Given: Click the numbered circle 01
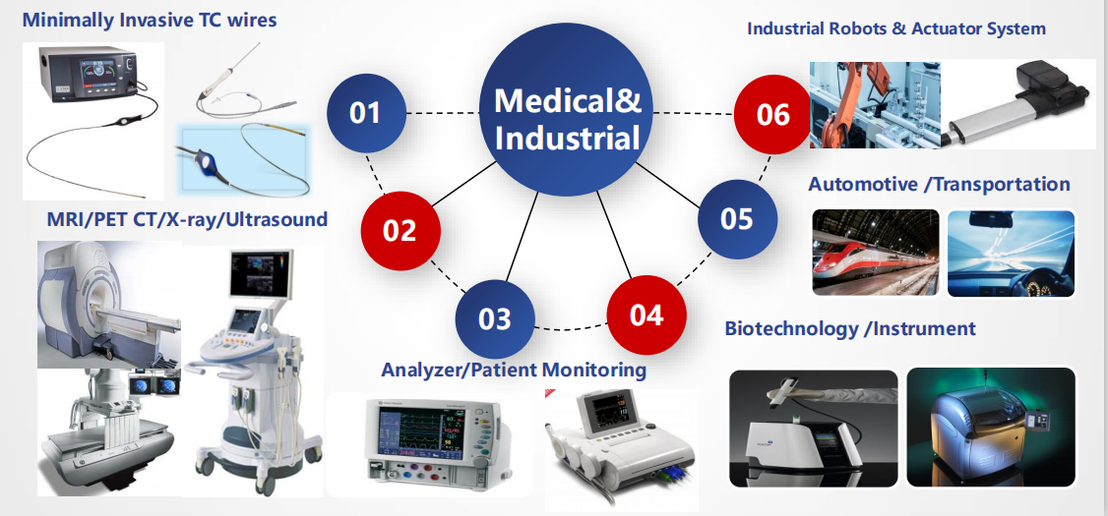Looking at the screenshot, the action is (366, 113).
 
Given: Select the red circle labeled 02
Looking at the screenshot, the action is (400, 230).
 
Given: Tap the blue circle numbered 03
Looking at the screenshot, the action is (495, 319).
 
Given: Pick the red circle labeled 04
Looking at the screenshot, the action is (646, 315).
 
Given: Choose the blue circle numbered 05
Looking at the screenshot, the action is (737, 219).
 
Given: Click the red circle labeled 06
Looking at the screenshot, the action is (773, 114).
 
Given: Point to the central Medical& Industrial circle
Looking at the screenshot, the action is (566, 109).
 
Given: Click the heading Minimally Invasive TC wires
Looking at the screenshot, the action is (150, 19).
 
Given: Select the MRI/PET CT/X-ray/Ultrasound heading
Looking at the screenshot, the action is (187, 219).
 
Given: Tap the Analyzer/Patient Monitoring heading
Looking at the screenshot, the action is (514, 370).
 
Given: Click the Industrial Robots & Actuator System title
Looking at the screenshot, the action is (896, 29).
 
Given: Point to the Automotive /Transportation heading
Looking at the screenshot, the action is (939, 184).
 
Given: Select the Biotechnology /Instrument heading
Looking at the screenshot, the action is (850, 328).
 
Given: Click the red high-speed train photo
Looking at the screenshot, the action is (876, 252).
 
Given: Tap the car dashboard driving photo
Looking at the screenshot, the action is (1011, 253).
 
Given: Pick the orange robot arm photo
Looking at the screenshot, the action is (875, 104).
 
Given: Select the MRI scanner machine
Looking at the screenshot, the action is (109, 305).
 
